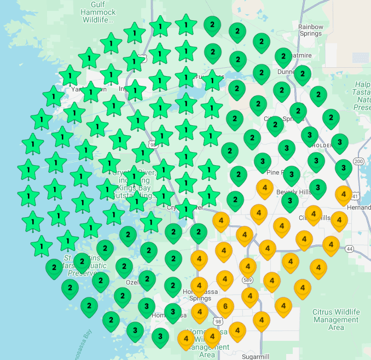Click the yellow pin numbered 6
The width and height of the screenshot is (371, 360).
point(225,306)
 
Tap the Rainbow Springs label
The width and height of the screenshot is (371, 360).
point(310,30)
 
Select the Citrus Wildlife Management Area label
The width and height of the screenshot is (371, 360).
point(336,320)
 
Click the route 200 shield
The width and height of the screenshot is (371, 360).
point(358,161)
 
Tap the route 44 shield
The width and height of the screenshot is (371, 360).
point(350,248)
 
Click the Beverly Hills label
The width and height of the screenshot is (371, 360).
point(294,192)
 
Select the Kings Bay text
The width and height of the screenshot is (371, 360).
point(135,187)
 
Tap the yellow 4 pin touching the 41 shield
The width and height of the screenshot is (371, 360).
point(343,194)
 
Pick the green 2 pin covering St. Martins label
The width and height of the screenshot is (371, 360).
point(82,262)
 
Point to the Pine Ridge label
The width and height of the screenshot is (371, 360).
point(276,172)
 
